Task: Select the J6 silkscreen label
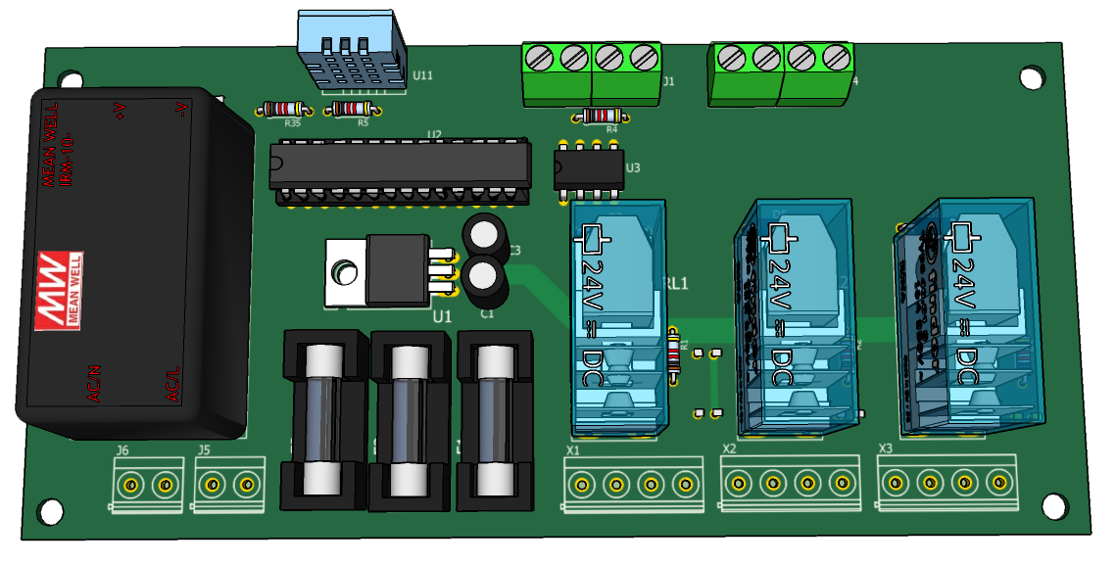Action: pos(122,450)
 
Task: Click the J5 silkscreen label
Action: pos(204,449)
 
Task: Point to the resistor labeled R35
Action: pos(285,110)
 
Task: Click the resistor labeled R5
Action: pos(352,109)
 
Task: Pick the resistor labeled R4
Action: pos(600,116)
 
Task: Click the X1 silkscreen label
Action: pos(573,450)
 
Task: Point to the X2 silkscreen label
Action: pos(729,449)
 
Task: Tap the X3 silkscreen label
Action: pos(885,449)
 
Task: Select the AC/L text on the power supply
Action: pos(174,383)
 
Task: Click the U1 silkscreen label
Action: pos(443,316)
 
